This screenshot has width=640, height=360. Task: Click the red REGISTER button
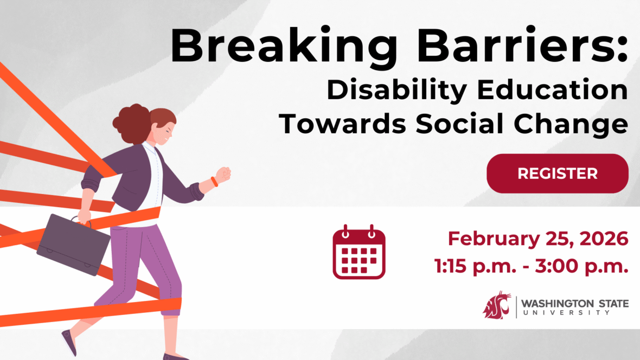[557, 173]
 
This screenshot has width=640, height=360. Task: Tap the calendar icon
[359, 252]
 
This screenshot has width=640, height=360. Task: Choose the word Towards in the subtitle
[342, 123]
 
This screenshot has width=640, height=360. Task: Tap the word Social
[459, 123]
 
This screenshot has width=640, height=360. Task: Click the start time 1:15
[450, 266]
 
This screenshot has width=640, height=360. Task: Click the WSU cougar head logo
[497, 305]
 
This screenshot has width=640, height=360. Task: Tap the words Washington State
[575, 304]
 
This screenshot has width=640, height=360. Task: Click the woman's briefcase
[73, 243]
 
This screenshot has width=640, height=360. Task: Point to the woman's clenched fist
[223, 174]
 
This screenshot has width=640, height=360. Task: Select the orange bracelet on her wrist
[214, 182]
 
